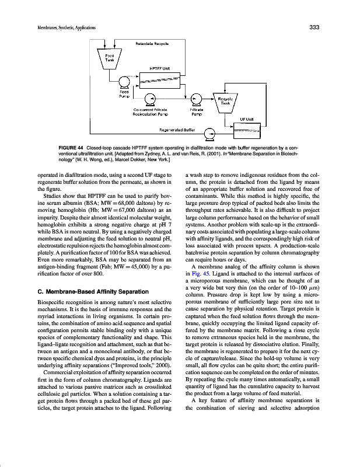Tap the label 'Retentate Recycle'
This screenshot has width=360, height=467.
(152, 44)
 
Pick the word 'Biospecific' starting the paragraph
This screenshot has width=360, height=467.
(51, 304)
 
